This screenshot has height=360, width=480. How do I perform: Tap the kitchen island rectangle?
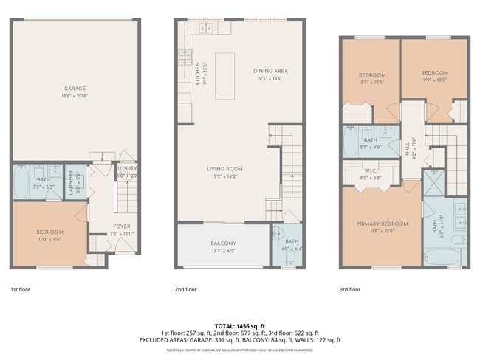pyautogui.click(x=224, y=70)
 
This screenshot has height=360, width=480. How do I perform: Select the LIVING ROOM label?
pyautogui.click(x=224, y=169)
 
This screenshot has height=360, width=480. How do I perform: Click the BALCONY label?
pyautogui.click(x=222, y=243)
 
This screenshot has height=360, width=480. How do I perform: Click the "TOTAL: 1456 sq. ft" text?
pyautogui.click(x=240, y=325)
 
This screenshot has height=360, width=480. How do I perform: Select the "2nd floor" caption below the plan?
pyautogui.click(x=185, y=289)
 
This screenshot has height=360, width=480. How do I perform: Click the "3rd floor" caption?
pyautogui.click(x=350, y=289)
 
